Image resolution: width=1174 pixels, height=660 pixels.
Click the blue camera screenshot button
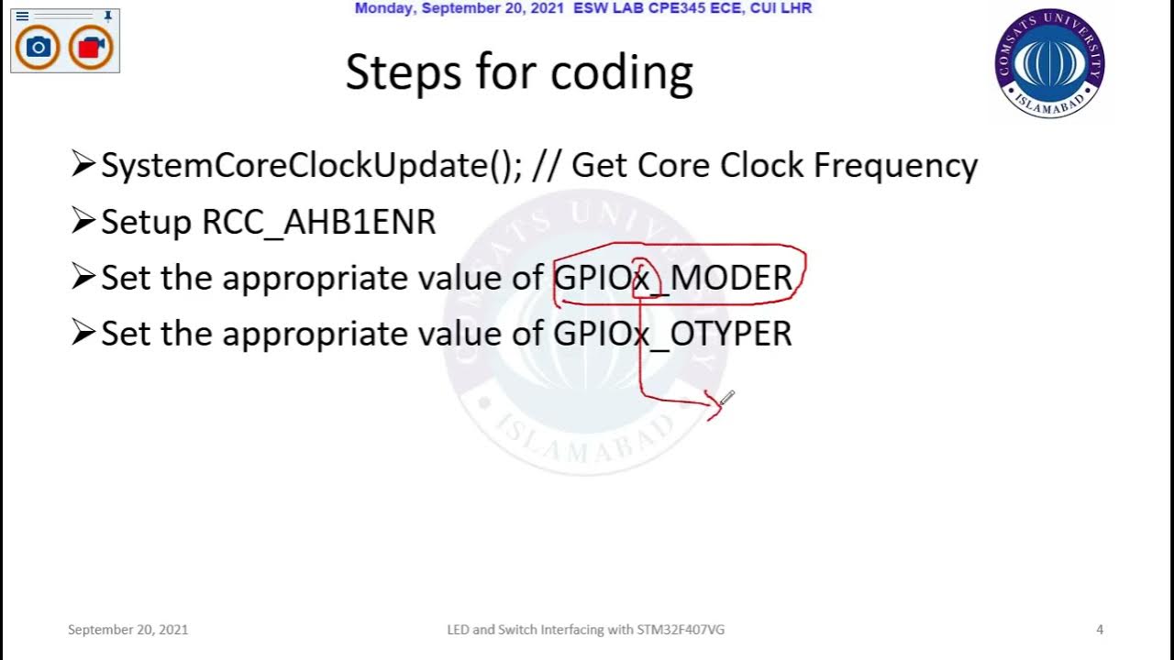pos(38,47)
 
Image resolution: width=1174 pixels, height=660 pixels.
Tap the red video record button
pos(90,47)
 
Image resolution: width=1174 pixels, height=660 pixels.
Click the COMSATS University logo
pos(1049,63)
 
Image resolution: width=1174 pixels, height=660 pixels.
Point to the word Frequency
pos(895,166)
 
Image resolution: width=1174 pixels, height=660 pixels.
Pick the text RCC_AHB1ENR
pos(319,223)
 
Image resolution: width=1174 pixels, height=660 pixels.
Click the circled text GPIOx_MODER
pos(672,278)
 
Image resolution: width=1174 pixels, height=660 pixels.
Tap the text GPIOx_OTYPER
pos(672,334)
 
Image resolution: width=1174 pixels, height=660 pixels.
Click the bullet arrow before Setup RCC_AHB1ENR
pos(83,221)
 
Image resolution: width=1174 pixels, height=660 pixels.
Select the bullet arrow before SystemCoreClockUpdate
pos(83,165)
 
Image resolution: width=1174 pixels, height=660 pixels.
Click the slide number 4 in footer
pos(1100,630)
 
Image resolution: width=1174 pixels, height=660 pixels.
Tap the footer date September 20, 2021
pos(127,630)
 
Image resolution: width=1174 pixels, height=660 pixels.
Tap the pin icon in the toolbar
pos(108,16)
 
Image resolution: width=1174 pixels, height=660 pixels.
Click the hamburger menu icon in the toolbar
pos(22,16)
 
